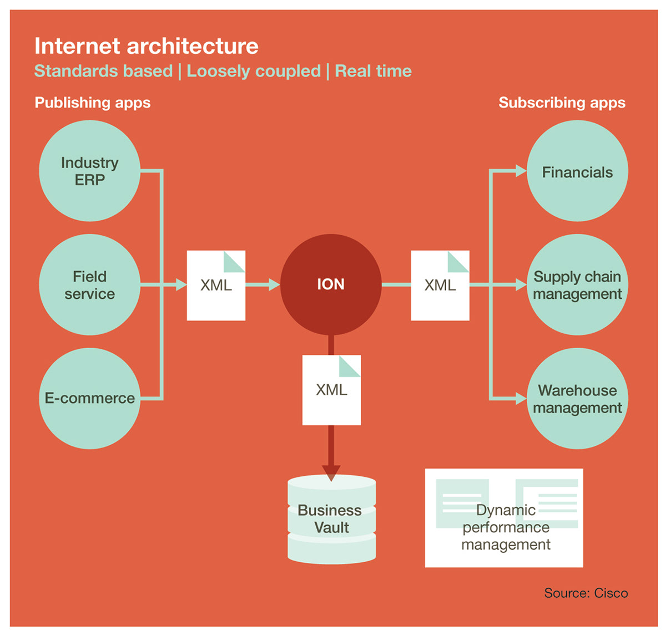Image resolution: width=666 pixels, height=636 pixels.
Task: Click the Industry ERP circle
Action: (89, 171)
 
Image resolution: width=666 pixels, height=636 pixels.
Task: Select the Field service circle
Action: (89, 284)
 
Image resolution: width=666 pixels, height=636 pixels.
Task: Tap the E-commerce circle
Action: (89, 398)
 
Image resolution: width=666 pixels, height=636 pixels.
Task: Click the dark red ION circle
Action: (331, 284)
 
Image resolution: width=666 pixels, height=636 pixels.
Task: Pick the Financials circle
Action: (577, 172)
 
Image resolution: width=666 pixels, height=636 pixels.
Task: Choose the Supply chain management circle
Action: (577, 284)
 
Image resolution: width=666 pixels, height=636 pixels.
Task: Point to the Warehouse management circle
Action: (577, 399)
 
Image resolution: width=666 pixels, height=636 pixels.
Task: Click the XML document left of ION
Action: (216, 286)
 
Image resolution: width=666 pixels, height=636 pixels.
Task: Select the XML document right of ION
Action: (440, 286)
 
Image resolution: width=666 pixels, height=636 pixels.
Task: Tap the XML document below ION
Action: (331, 390)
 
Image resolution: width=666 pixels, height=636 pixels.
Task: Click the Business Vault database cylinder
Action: (331, 520)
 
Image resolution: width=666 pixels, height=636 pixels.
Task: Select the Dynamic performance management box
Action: (504, 518)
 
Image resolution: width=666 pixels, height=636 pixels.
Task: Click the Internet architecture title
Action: (147, 46)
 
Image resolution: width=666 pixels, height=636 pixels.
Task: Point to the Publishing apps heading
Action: (93, 103)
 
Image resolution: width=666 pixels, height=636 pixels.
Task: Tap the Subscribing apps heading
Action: (562, 103)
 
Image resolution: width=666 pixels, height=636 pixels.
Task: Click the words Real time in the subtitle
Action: (374, 71)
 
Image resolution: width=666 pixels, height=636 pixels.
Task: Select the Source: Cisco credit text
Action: (586, 593)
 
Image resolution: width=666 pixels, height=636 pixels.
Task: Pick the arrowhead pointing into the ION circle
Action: (274, 284)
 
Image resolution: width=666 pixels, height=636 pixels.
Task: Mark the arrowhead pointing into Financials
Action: (521, 171)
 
